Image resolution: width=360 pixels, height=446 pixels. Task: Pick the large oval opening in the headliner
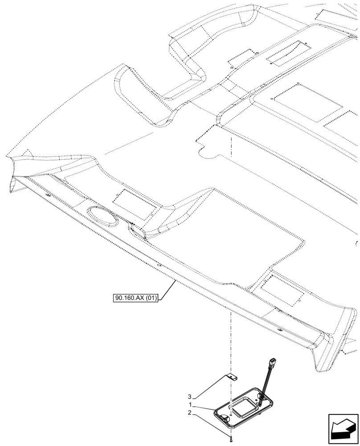102,217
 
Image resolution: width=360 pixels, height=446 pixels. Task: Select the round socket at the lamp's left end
224,418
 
